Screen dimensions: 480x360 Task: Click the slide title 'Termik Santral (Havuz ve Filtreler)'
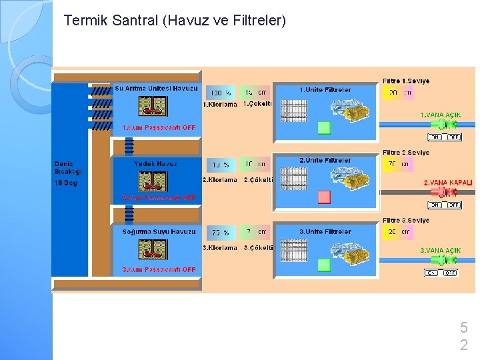click(175, 21)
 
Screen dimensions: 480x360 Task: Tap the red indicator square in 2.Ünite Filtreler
click(324, 197)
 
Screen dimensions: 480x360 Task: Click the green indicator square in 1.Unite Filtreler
click(324, 127)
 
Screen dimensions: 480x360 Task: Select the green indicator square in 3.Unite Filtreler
click(324, 265)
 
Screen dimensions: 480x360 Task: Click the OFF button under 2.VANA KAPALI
click(453, 205)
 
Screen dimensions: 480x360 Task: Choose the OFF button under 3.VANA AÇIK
click(451, 273)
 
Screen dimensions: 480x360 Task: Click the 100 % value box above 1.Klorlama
click(221, 93)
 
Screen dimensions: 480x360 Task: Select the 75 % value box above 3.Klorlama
click(221, 233)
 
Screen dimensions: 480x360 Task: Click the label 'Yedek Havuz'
click(155, 163)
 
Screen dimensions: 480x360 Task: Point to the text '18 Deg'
click(66, 183)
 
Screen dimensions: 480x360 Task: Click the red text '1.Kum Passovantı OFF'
click(159, 127)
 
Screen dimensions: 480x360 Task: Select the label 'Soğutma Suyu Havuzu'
click(159, 232)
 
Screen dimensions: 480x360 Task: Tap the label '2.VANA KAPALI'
click(448, 182)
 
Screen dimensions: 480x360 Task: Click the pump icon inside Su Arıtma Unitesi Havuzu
click(153, 107)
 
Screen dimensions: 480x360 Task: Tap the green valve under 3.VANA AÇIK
click(450, 260)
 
